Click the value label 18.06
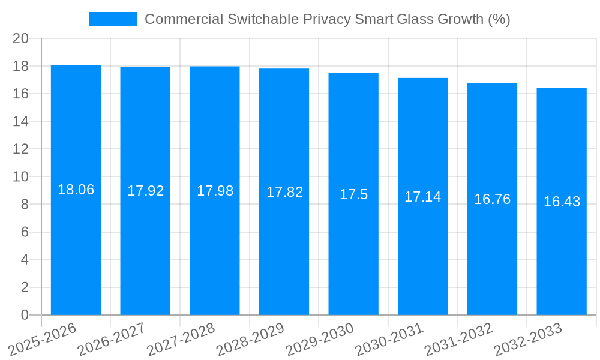[76, 190]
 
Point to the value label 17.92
[145, 191]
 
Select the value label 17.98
[215, 191]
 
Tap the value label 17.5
[353, 194]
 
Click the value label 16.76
[492, 199]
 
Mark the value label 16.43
[562, 202]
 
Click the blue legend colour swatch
[113, 19]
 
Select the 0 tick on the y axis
[25, 315]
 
